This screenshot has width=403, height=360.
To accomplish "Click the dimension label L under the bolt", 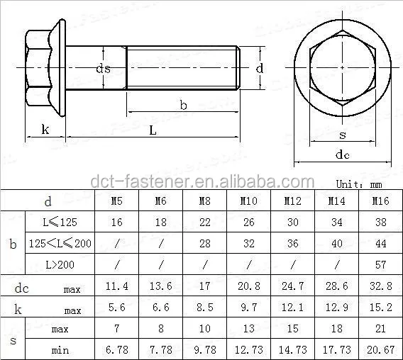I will coord(153,130).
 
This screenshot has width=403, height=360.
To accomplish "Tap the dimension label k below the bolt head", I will coord(45,129).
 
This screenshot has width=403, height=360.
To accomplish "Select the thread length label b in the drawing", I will coord(183,105).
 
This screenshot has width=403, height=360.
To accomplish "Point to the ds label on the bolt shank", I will coord(104,68).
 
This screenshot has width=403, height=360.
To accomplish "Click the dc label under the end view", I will coord(343,155).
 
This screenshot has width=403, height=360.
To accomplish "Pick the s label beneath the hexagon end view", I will coord(343,135).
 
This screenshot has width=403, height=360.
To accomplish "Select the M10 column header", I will coord(248,201).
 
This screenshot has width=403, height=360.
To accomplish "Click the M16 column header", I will coord(381,201).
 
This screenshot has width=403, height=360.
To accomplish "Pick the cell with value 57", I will coord(381,264).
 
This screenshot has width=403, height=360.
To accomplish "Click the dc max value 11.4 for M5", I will coord(117,287).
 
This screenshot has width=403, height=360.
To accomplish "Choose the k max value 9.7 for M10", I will coord(248,309).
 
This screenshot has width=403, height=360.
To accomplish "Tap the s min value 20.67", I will coord(381,349).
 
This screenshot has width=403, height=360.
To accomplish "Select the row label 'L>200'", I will coord(55,264).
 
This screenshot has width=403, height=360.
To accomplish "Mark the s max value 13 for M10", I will coord(248,330).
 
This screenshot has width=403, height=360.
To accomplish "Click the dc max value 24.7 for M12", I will coord(292,287).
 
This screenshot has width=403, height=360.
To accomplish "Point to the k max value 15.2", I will coord(381,309).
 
